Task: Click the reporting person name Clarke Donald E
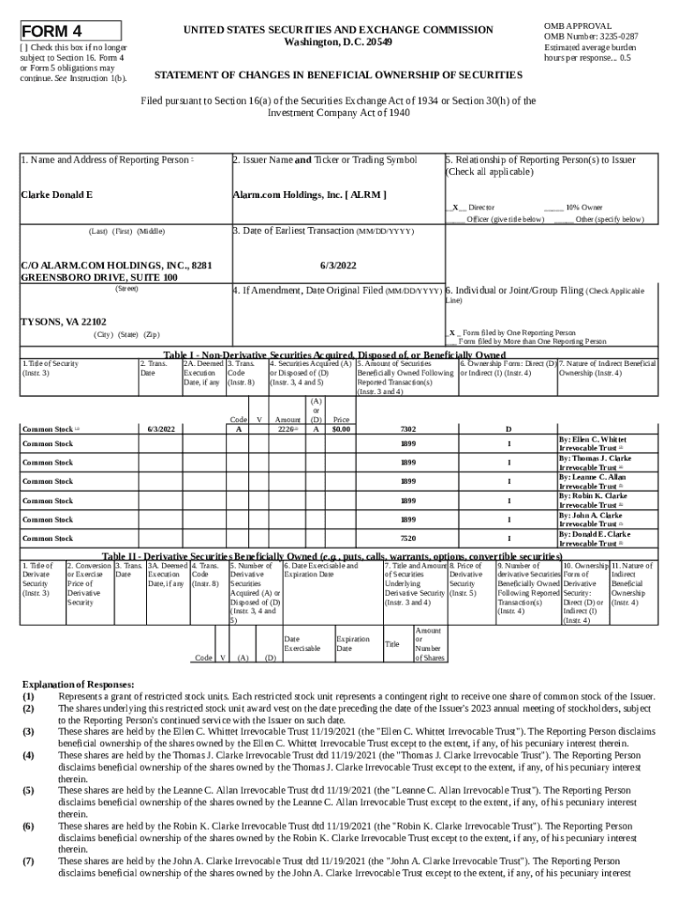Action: coord(57,194)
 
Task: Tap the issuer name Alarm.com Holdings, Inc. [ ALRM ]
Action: coord(308,194)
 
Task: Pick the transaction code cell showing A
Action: coord(238,429)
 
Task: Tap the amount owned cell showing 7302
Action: coord(407,429)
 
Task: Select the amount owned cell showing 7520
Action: coord(407,538)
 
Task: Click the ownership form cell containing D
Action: coord(508,429)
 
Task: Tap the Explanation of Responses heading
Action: coord(78,685)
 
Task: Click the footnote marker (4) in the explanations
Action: coord(28,755)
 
